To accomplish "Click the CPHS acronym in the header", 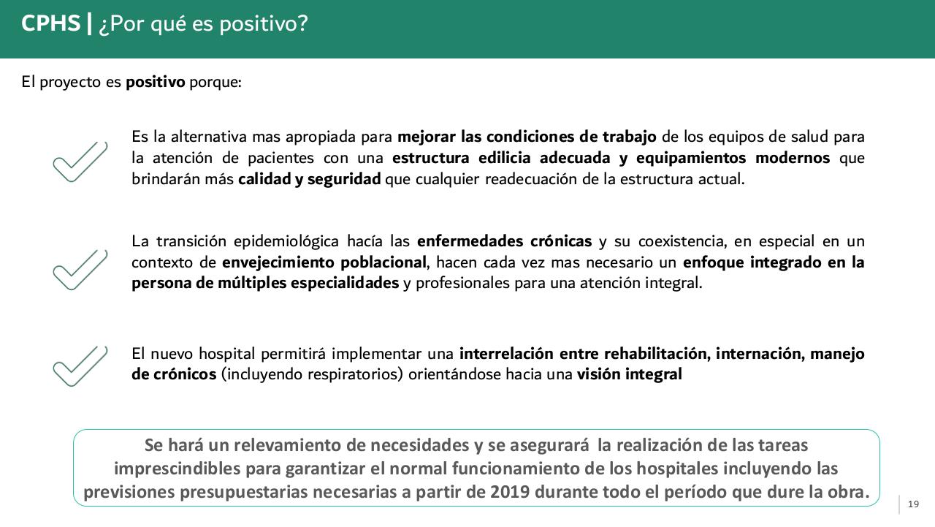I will click(50, 24).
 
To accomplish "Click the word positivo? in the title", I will click(264, 25).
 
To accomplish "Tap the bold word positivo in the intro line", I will click(156, 82).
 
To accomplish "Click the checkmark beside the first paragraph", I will click(80, 162).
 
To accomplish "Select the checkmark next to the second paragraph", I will click(80, 269).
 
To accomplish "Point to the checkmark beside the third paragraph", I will click(80, 365).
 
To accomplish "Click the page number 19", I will click(913, 504).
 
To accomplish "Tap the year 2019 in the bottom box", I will click(510, 492).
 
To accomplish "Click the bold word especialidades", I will click(345, 283).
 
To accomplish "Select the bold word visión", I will click(598, 375).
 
